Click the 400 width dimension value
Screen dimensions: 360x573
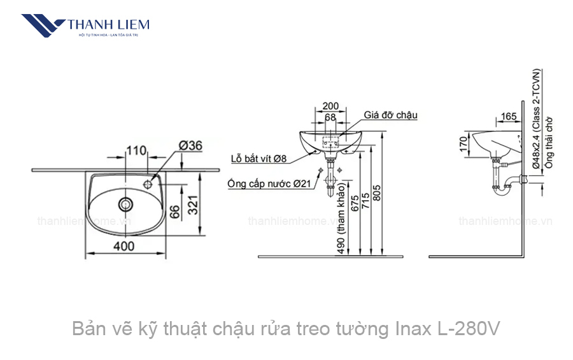[x=124, y=246]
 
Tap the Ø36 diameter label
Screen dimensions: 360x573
[x=190, y=146]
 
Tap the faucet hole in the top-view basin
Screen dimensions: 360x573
[x=148, y=184]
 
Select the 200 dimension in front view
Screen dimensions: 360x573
[x=330, y=106]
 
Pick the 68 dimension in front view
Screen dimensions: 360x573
[x=330, y=117]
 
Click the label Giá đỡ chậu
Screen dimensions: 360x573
[x=390, y=115]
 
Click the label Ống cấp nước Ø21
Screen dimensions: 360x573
[x=267, y=184]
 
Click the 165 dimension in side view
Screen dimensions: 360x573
[x=508, y=117]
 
